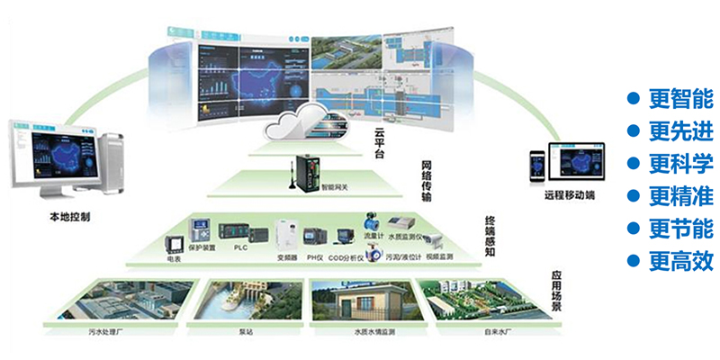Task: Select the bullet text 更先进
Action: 680,131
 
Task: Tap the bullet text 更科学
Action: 680,164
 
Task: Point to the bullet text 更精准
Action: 680,196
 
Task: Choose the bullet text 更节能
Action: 680,229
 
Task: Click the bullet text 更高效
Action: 680,261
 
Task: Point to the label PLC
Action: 240,247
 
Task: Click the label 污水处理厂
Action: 105,330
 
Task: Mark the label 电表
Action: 174,257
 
